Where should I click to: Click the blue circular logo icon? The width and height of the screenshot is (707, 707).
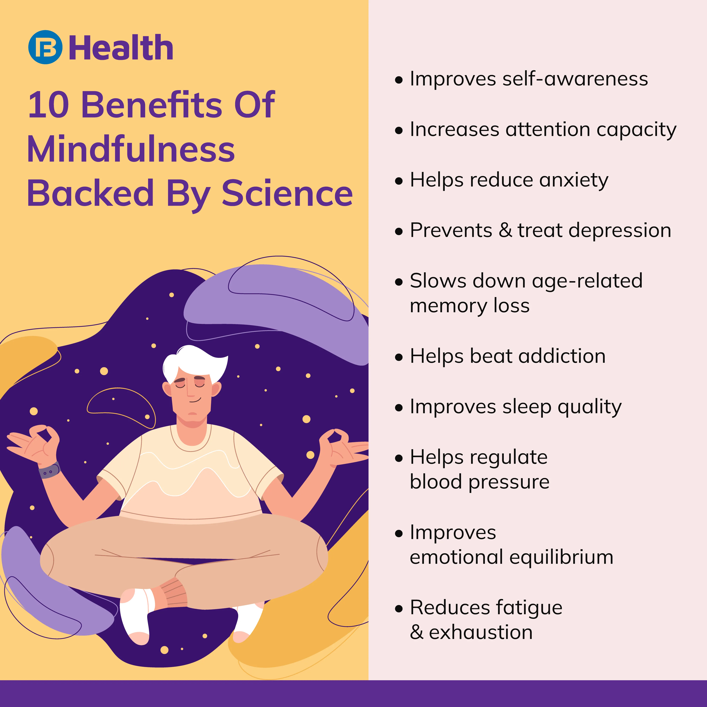[x=45, y=47]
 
